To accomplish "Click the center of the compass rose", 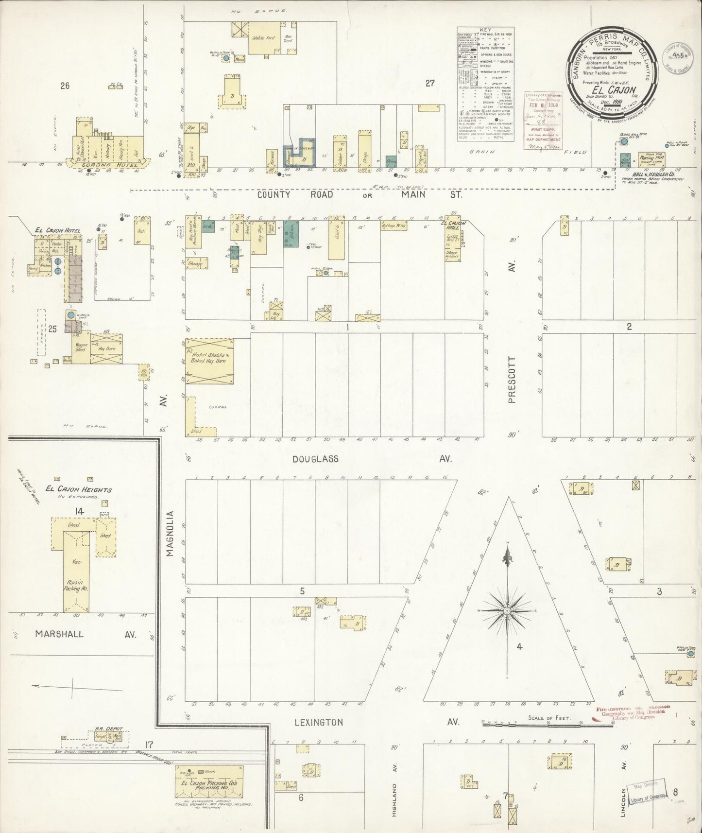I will (x=507, y=610).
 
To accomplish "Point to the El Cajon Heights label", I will (x=79, y=489).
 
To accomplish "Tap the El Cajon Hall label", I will (x=453, y=226).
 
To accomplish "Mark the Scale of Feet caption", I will (x=549, y=718).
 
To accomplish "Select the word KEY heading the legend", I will (x=485, y=30).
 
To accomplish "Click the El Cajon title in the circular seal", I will (x=614, y=90).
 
